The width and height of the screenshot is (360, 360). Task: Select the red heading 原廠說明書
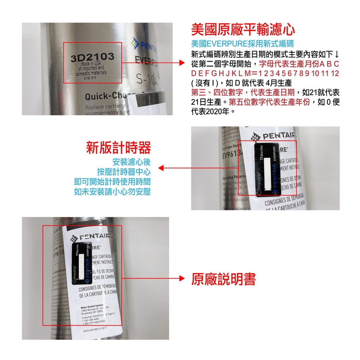224,279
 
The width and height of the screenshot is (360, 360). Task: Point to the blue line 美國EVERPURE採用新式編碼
243,44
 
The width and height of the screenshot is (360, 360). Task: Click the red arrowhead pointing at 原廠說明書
182,279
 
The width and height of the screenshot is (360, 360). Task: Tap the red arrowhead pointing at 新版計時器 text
161,168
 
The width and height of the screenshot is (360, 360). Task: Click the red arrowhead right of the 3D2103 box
182,63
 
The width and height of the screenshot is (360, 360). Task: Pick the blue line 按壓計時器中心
124,172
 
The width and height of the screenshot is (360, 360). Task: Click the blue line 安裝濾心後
131,162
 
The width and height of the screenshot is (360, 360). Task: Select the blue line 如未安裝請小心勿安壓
112,192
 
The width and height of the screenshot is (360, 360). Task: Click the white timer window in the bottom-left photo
82,266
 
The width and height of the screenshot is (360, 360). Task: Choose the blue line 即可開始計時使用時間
112,182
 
